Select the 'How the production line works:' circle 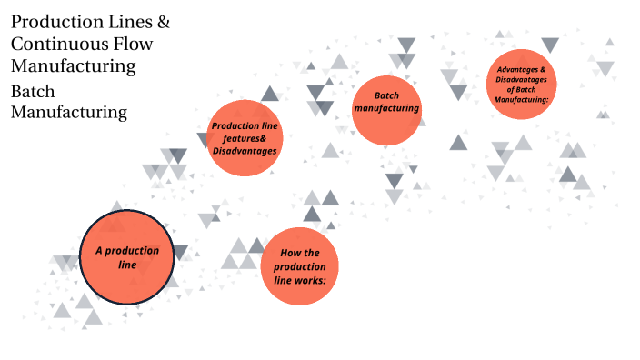pyautogui.click(x=299, y=266)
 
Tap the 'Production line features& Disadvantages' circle pyautogui.click(x=244, y=138)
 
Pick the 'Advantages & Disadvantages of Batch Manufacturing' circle pyautogui.click(x=521, y=84)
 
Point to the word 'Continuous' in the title pyautogui.click(x=55, y=44)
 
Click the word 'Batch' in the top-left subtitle pyautogui.click(x=33, y=92)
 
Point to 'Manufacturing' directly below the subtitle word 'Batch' pyautogui.click(x=68, y=113)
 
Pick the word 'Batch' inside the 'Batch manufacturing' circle pyautogui.click(x=387, y=95)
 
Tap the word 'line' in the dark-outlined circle pyautogui.click(x=127, y=265)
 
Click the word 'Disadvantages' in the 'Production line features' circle pyautogui.click(x=244, y=150)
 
